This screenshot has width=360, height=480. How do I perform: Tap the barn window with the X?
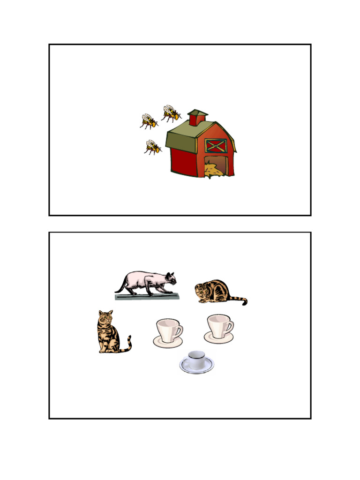pyautogui.click(x=216, y=145)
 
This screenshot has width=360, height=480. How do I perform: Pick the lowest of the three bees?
pyautogui.click(x=152, y=147)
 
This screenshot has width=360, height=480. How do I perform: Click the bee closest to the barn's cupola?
pyautogui.click(x=171, y=113)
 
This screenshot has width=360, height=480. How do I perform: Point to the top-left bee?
pyautogui.click(x=149, y=121)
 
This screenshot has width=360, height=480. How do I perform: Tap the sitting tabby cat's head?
pyautogui.click(x=106, y=317)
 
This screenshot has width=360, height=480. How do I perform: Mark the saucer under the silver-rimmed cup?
pyautogui.click(x=197, y=368)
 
